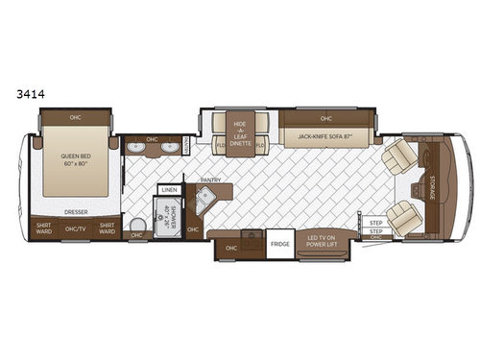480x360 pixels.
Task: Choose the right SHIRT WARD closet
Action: click(107, 228)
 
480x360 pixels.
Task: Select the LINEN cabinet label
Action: click(169, 190)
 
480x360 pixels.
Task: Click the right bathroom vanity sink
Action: click(174, 149)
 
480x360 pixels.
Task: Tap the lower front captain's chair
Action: click(402, 222)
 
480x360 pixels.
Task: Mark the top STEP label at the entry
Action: click(375, 223)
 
